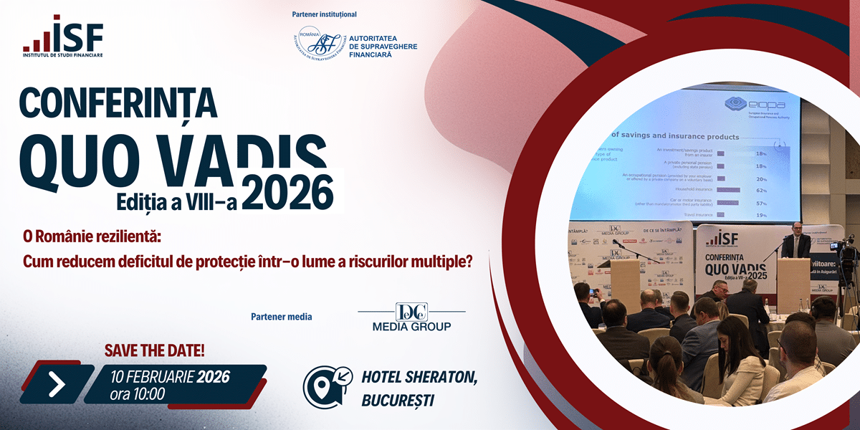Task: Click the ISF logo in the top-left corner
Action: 62,36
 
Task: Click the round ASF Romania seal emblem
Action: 317,47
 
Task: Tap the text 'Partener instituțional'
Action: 324,14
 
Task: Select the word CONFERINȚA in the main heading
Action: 118,102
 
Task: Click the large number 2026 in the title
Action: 287,193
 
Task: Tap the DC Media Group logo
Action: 411,317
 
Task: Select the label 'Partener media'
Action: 282,317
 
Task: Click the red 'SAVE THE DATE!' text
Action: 155,350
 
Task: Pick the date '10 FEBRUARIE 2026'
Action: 170,376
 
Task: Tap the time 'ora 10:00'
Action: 137,394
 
